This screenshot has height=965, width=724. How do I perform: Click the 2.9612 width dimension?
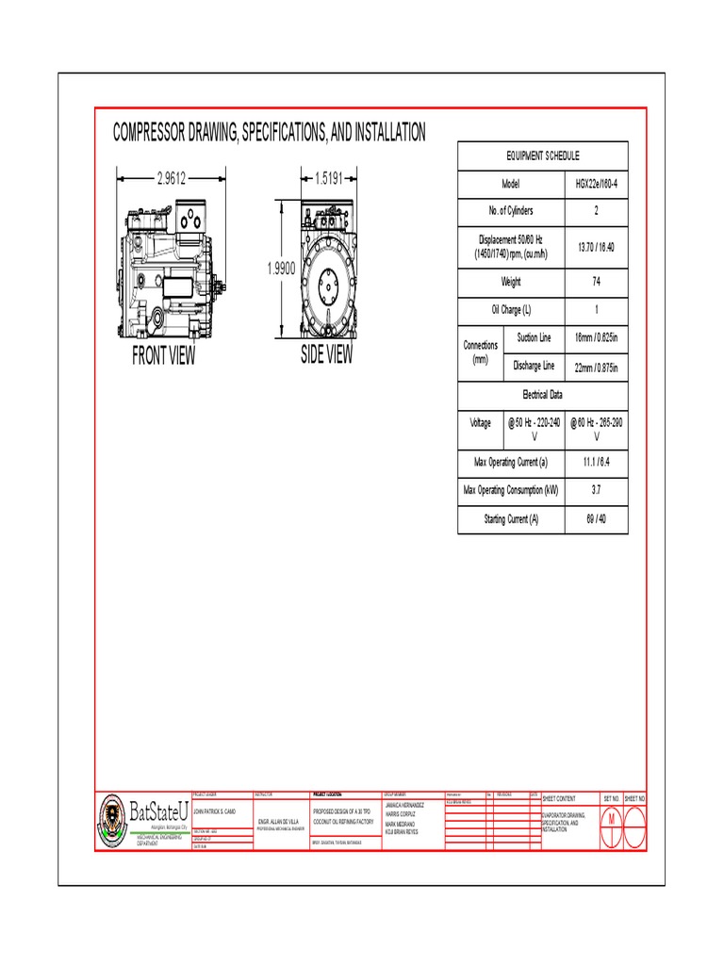point(171,176)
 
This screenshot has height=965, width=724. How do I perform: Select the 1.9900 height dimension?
point(281,269)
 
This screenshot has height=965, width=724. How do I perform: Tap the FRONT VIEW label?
point(164,355)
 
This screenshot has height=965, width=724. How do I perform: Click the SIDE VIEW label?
point(326,354)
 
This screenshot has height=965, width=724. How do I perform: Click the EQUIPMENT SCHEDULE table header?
point(542,155)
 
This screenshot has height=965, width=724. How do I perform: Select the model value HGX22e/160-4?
point(596,184)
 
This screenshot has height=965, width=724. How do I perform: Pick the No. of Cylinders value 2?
point(596,211)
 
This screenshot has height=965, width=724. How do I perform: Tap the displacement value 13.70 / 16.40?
point(596,247)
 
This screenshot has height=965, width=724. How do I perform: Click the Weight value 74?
point(596,282)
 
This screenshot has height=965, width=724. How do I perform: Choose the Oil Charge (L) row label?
point(510,310)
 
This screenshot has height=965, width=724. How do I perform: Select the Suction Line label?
point(534,337)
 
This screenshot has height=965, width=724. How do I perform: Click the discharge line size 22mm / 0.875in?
point(596,366)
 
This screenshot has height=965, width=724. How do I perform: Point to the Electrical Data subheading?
point(542,395)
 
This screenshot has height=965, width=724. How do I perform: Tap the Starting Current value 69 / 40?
point(596,519)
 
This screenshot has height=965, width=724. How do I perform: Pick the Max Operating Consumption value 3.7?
point(596,491)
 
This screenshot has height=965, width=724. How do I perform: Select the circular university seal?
point(110,817)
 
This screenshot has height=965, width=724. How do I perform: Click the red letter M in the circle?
point(611,818)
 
